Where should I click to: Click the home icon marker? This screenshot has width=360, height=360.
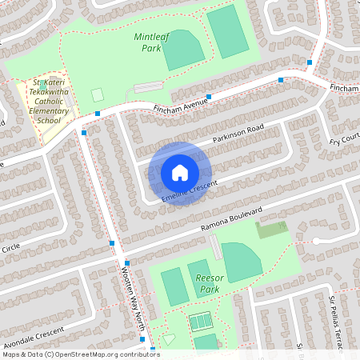pos(180,173)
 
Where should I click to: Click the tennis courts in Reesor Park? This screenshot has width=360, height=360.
pos(200,321)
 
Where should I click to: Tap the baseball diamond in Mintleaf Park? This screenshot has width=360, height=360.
pos(183,50)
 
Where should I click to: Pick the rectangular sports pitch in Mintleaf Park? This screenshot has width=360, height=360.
pos(228,30)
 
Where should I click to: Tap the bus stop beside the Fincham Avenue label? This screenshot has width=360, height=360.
pos(208,97)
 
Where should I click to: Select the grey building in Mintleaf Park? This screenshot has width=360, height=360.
pos(146,86)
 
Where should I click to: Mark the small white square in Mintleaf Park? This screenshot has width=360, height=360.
pos(97,94)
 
